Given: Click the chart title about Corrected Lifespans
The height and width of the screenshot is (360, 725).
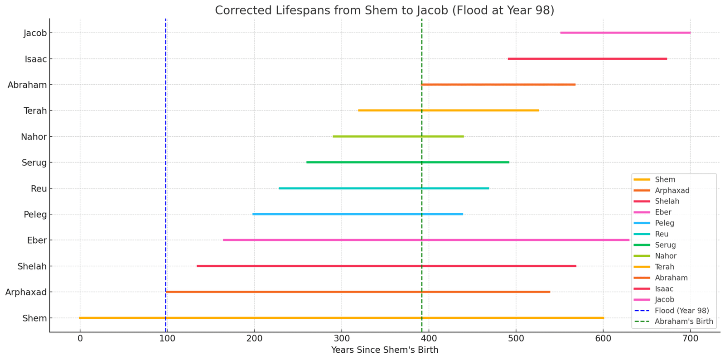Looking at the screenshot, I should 384,10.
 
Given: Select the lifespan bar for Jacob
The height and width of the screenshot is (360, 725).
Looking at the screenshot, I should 625,33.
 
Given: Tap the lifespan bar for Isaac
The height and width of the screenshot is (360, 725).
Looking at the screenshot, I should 587,59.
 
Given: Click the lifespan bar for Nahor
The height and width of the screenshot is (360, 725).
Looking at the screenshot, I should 398,136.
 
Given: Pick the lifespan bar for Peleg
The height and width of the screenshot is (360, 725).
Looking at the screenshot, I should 358,214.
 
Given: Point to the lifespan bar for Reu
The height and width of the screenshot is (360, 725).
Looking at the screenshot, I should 384,188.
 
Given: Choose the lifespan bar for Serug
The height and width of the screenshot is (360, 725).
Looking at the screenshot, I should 408,162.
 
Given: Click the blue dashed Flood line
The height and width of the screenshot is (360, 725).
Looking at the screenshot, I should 166,113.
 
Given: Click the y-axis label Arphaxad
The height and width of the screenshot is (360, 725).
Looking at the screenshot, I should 26,293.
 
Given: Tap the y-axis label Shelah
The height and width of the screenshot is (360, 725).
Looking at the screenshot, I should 32,267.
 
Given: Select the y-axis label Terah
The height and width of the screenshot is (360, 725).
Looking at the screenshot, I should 35,111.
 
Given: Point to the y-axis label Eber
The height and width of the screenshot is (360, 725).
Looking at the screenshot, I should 37,240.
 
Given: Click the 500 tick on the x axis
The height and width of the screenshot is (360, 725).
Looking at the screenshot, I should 516,339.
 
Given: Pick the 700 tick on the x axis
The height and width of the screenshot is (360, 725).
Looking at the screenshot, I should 690,339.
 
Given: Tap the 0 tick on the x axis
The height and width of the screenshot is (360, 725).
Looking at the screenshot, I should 80,339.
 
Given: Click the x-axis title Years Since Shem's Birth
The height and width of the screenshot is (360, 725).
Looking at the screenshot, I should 384,350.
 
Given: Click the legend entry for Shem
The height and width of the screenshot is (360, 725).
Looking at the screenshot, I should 665,180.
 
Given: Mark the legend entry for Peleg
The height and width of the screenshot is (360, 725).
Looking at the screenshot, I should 664,223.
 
